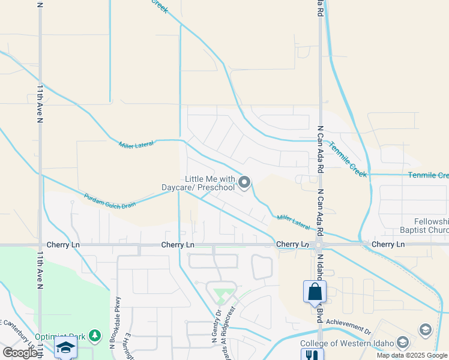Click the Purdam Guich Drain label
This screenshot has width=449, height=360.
point(109,201)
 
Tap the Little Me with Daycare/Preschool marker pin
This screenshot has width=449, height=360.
point(244,182)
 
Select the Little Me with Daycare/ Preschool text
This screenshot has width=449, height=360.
point(199,183)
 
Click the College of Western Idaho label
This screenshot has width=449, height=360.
point(347,343)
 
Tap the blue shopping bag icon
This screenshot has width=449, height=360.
point(315,292)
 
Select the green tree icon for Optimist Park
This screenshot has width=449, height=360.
point(94,334)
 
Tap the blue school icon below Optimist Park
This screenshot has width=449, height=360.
point(65,348)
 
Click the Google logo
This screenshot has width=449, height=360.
point(20,352)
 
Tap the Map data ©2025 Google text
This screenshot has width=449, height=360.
point(412,355)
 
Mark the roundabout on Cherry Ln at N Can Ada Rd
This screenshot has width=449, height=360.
point(319,245)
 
